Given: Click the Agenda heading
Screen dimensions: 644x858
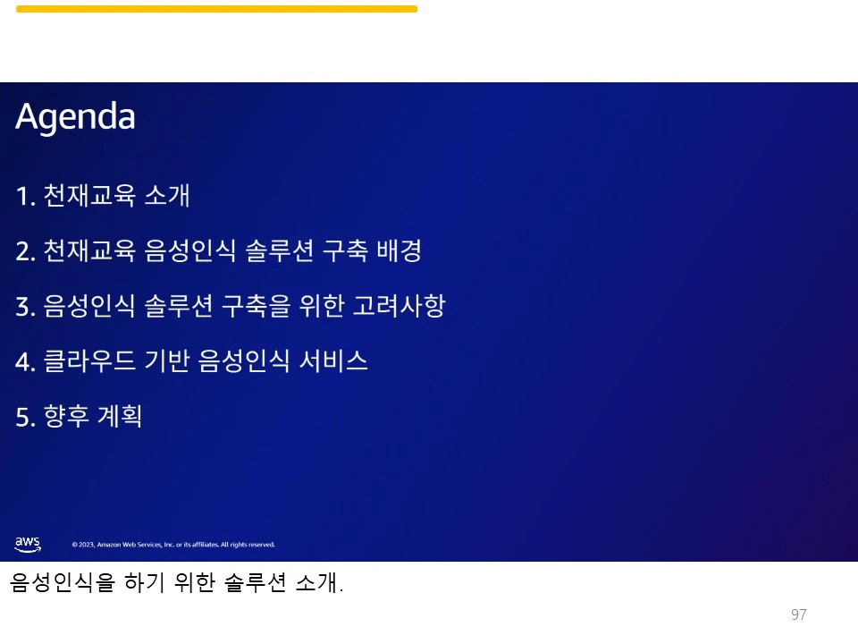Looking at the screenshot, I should pos(75,117).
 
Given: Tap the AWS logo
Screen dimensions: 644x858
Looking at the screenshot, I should pos(28,543).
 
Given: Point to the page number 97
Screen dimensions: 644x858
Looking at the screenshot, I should pos(799,614).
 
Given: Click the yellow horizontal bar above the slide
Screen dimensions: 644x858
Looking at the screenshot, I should pos(216,9).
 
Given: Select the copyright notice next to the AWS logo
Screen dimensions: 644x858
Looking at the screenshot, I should pos(173,545).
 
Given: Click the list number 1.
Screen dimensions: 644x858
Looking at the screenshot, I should pos(24,196).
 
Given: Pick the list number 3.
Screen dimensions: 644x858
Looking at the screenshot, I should pos(24,307).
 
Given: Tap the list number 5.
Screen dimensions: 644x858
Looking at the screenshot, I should pos(24,417).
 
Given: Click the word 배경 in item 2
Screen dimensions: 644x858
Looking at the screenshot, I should pos(399,251).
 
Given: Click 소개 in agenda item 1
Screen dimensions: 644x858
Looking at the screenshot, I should pos(167,196).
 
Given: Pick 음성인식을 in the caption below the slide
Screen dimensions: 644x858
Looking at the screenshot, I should pos(63,584).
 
